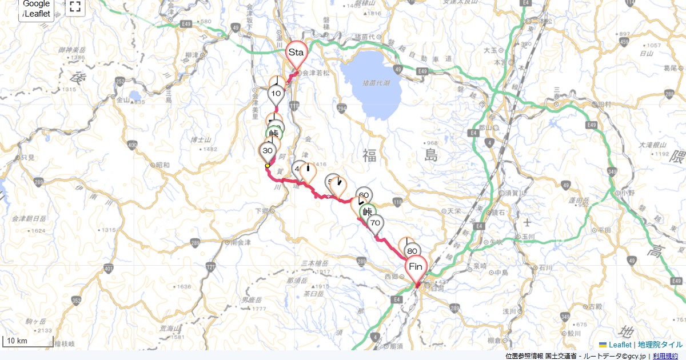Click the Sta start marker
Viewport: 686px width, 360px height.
(296, 53)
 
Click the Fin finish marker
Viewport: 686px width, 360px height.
(416, 267)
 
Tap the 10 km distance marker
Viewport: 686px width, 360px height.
(277, 94)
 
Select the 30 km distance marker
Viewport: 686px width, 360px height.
(267, 151)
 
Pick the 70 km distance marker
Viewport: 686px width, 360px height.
(375, 223)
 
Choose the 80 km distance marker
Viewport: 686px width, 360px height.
(412, 251)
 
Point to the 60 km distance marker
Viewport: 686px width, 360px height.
(364, 195)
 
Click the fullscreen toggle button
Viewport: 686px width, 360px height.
(75, 7)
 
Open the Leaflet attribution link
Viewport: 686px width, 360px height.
(620, 345)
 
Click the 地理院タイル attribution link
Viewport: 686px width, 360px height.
(660, 345)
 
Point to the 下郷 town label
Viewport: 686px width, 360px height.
(262, 211)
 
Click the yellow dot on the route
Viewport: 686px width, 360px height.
(267, 166)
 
